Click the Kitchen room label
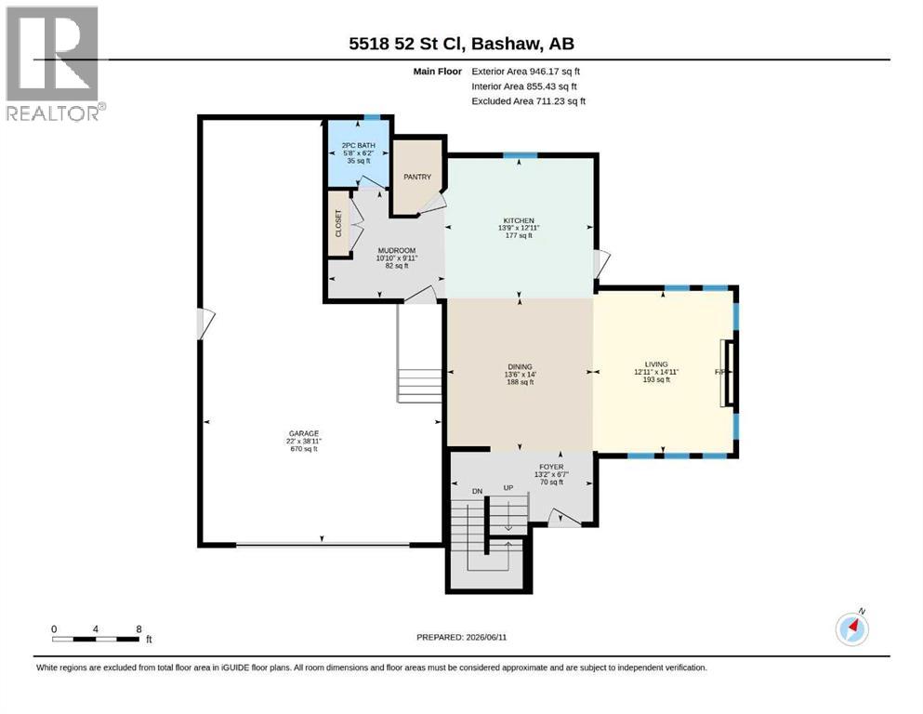coord(519,220)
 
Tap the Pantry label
coord(417,177)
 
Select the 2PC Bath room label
coord(359,145)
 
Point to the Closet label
coord(338,223)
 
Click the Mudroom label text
coord(397,250)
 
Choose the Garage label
coord(304,433)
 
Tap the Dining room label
coord(520,366)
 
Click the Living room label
coord(655,364)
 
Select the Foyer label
coord(551,467)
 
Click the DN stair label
coord(477,491)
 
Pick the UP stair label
coord(508,488)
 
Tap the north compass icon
coord(851,628)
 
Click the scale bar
coord(96,639)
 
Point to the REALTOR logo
coord(54,63)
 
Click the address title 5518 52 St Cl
coord(407,44)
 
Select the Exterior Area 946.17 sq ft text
coord(526,72)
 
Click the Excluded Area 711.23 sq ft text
coord(529,101)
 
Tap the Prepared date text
coord(461,637)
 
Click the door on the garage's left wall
coord(205,324)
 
